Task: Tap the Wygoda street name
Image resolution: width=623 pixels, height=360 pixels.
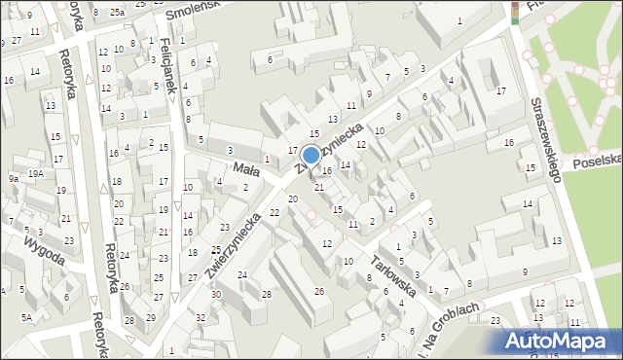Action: pyautogui.click(x=45, y=249)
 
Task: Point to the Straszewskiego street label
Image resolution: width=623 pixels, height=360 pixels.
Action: pyautogui.click(x=544, y=139)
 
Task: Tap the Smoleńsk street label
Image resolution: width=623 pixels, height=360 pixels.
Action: pyautogui.click(x=192, y=12)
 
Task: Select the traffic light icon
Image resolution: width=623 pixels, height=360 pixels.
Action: pyautogui.click(x=515, y=11)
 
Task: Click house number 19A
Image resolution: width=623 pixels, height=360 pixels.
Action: pyautogui.click(x=35, y=173)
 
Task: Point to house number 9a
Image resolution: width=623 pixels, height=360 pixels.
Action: pyautogui.click(x=14, y=178)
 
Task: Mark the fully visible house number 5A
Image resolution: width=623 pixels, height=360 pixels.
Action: pyautogui.click(x=27, y=317)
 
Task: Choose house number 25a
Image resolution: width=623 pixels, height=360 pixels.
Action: pyautogui.click(x=117, y=12)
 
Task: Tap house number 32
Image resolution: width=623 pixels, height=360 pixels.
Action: pyautogui.click(x=200, y=317)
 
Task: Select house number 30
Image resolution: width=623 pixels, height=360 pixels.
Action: pyautogui.click(x=216, y=294)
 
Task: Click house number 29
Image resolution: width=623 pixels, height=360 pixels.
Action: pyautogui.click(x=150, y=318)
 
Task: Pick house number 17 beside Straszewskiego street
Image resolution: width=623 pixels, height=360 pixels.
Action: pyautogui.click(x=500, y=90)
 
